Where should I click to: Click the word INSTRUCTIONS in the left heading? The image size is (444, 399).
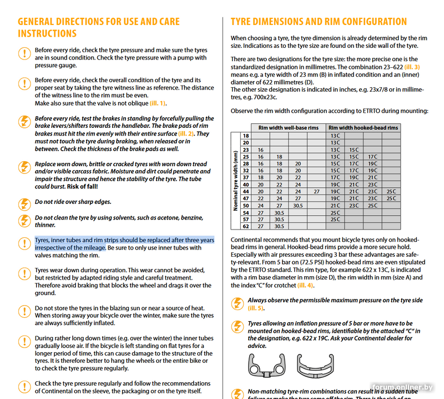[47, 33]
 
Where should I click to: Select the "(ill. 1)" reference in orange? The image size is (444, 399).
[155, 103]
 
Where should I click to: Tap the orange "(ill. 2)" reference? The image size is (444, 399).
[185, 133]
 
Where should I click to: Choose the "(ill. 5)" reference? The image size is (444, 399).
[256, 308]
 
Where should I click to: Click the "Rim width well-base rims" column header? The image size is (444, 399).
[289, 128]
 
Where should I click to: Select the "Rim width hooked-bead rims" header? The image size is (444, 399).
[363, 128]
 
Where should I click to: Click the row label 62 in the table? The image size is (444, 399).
[246, 226]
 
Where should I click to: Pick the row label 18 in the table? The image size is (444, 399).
[246, 136]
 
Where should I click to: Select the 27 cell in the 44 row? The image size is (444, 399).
[316, 191]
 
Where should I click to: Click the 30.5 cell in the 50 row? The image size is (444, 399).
[298, 205]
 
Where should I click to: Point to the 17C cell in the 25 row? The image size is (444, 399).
[372, 157]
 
